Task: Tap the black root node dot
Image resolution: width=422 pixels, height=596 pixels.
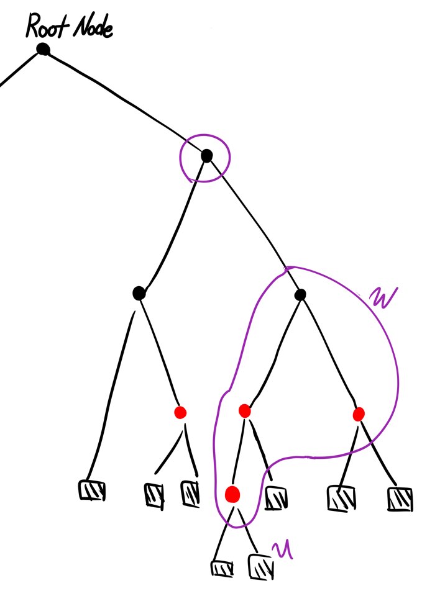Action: coord(43,49)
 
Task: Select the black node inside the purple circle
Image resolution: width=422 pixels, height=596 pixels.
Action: coord(206,156)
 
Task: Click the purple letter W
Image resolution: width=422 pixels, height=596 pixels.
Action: coord(378,300)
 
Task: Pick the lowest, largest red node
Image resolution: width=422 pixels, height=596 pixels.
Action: coord(232,494)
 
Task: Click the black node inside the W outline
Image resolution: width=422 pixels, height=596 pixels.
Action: coord(301,295)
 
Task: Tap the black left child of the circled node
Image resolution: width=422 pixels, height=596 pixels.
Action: coord(139,292)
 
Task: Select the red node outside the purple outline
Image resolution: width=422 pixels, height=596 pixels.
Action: coord(180,412)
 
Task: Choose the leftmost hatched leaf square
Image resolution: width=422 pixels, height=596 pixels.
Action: coord(92,490)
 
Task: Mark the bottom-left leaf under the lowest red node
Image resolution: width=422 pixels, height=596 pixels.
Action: coord(222,568)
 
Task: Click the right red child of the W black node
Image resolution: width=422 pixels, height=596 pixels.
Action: coord(358,414)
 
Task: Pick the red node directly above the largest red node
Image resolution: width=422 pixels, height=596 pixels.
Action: coord(244,410)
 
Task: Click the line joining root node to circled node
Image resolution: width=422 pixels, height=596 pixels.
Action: coord(124,101)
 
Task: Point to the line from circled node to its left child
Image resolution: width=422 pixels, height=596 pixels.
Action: coord(173,223)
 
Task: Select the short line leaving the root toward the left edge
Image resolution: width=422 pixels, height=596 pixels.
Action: coord(19,70)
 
